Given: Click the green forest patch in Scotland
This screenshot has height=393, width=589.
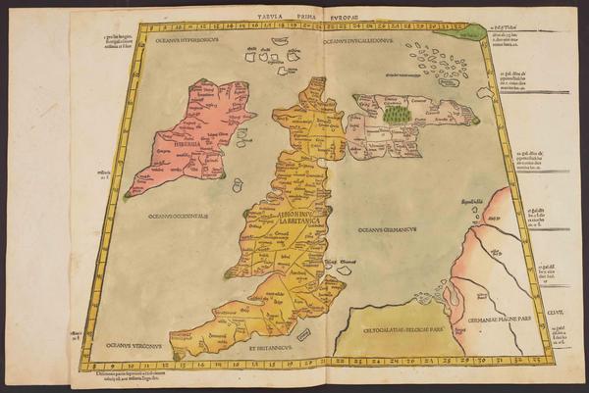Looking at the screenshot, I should (x=397, y=114).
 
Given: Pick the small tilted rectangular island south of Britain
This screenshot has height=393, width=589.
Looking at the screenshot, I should (x=304, y=334).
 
